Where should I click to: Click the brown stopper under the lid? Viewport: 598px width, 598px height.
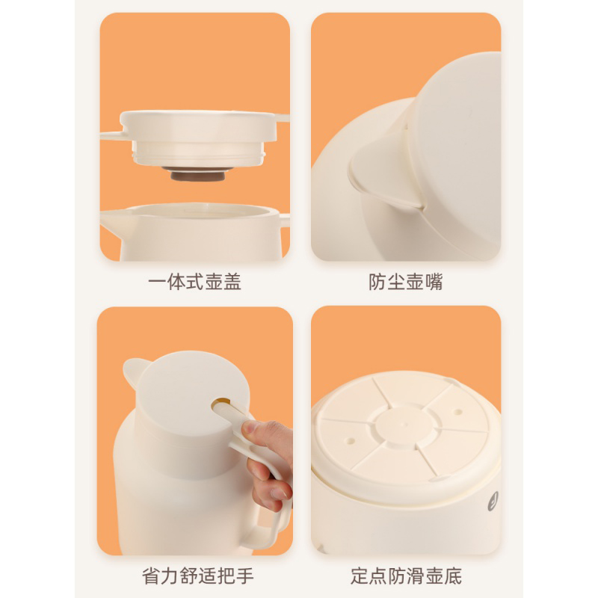pyautogui.click(x=197, y=174)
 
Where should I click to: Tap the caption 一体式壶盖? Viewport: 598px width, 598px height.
pyautogui.click(x=194, y=283)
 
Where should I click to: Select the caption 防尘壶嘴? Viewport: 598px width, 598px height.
pyautogui.click(x=406, y=283)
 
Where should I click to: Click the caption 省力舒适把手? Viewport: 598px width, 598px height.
pyautogui.click(x=197, y=576)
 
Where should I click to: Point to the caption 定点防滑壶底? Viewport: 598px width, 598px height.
pyautogui.click(x=406, y=576)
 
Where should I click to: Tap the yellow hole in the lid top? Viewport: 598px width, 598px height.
pyautogui.click(x=221, y=404)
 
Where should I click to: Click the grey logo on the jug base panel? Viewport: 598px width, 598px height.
pyautogui.click(x=493, y=501)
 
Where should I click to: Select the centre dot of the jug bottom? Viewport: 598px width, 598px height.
pyautogui.click(x=405, y=423)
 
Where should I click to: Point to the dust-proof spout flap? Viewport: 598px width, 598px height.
pyautogui.click(x=381, y=173)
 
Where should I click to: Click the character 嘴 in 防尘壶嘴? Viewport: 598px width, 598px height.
pyautogui.click(x=434, y=283)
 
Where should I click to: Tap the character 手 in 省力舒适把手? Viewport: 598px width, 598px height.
pyautogui.click(x=244, y=576)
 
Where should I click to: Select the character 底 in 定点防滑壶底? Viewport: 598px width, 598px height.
pyautogui.click(x=453, y=576)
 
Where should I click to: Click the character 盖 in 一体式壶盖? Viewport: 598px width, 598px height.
pyautogui.click(x=232, y=283)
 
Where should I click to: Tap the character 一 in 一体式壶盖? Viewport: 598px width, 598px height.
pyautogui.click(x=157, y=283)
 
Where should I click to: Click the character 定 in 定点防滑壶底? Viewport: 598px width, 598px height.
pyautogui.click(x=360, y=576)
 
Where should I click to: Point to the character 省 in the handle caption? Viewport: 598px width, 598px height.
pyautogui.click(x=151, y=576)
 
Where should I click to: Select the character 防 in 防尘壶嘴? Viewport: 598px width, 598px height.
pyautogui.click(x=377, y=283)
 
